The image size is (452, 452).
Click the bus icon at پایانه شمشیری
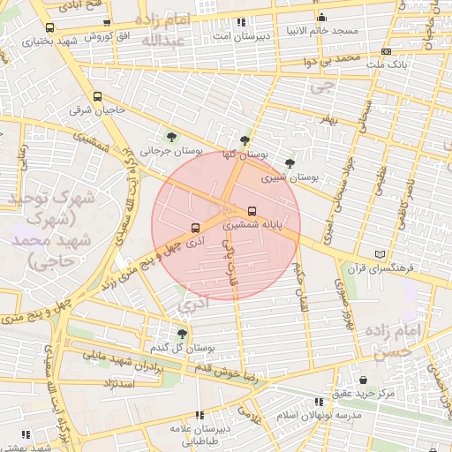(x=253, y=211)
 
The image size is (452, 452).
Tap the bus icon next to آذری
(x=195, y=227)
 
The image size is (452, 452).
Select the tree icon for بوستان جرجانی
(x=171, y=137)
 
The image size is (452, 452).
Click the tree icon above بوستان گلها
(x=245, y=139)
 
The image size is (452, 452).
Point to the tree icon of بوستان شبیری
(x=290, y=162)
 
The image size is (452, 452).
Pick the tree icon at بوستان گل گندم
(x=182, y=333)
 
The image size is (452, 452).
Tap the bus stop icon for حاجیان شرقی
(x=96, y=97)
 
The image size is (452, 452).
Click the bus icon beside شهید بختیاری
(x=48, y=27)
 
